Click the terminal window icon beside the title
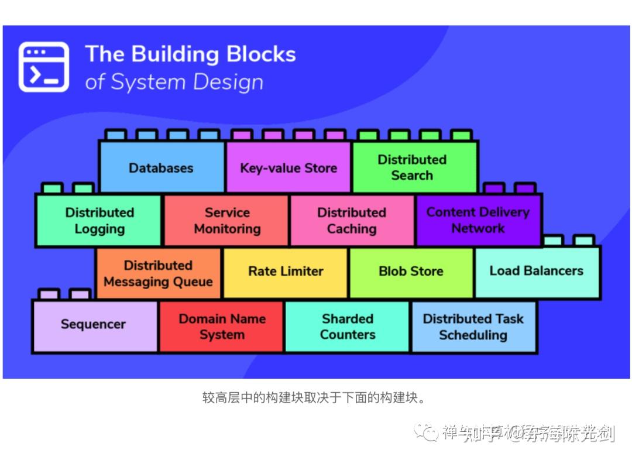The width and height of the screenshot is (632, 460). tap(43, 67)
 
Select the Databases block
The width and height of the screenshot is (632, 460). tap(162, 168)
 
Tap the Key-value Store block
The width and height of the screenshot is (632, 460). tap(288, 168)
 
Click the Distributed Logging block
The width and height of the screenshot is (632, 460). tap(99, 221)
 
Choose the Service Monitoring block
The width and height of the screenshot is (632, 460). tap(226, 221)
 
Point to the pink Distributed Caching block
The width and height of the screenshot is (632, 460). tap(352, 221)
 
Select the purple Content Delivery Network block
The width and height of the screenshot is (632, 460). tap(478, 221)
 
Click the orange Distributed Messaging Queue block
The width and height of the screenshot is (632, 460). tap(158, 273)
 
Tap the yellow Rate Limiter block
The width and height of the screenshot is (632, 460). tap(286, 272)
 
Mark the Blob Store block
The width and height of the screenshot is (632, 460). tap(411, 272)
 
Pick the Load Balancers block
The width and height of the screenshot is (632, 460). tap(537, 271)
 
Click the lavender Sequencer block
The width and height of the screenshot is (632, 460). tap(94, 325)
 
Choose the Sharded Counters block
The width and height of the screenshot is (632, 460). tap(348, 327)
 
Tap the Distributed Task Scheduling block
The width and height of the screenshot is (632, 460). tap(473, 327)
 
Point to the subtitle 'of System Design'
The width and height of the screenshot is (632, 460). tap(174, 82)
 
